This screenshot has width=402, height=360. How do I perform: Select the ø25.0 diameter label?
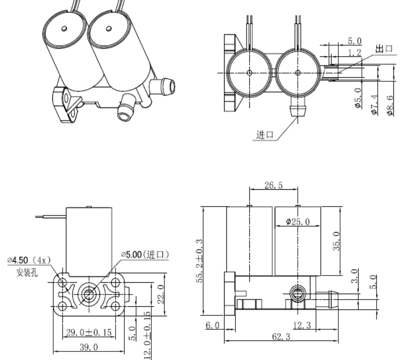click(298, 222)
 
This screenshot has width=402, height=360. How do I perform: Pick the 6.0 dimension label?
click(213, 325)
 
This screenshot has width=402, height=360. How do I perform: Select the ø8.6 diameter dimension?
click(391, 105)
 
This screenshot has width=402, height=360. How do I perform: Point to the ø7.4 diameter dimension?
click(374, 105)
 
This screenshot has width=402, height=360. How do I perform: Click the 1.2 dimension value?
click(355, 53)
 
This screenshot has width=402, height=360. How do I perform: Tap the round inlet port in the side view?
click(298, 295)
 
